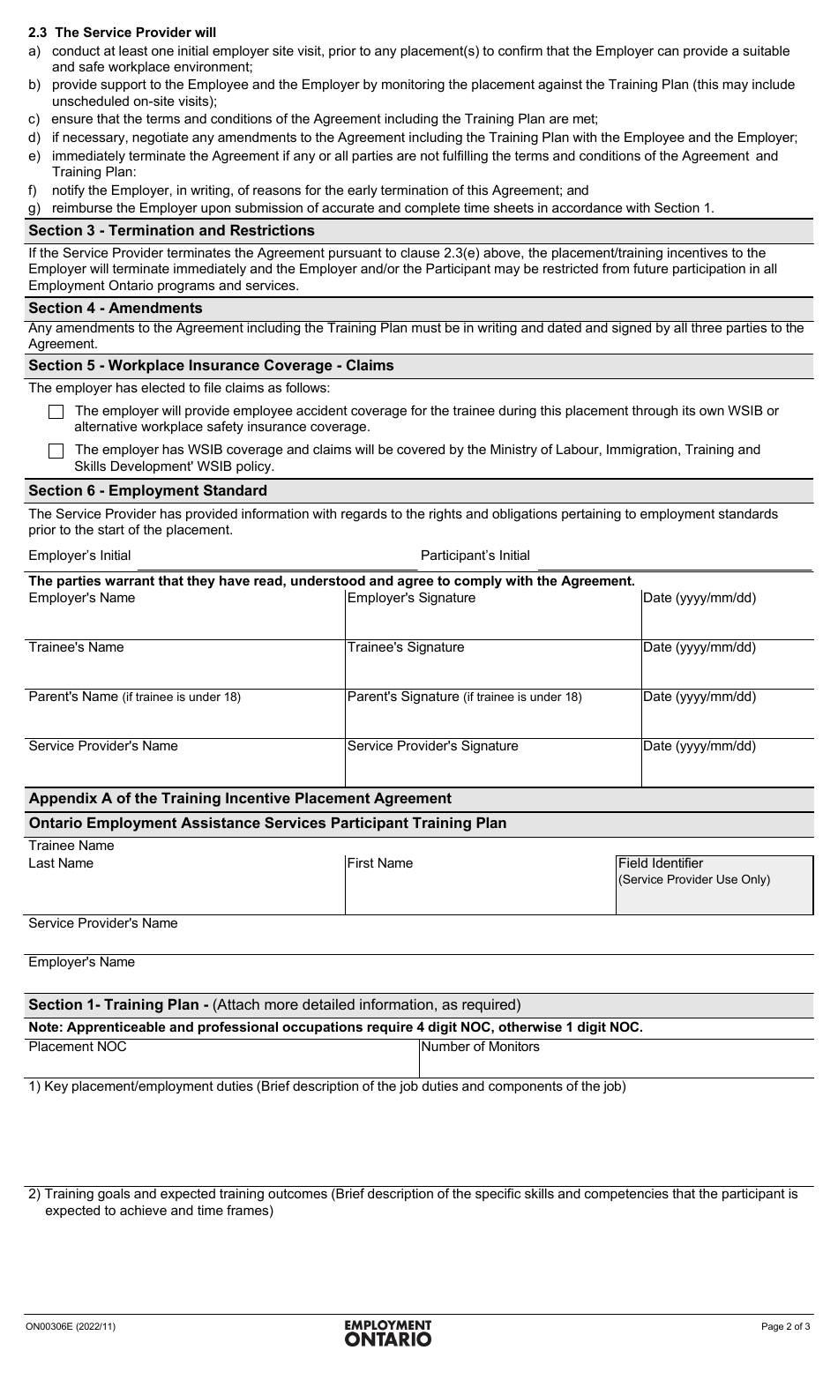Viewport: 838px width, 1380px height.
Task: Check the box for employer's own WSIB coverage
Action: point(56,412)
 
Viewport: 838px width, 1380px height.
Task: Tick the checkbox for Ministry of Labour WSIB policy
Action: point(56,451)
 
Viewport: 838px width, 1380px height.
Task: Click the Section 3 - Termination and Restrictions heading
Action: point(171,231)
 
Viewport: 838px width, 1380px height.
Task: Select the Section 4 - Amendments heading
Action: point(116,309)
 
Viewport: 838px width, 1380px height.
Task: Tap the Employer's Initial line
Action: point(273,557)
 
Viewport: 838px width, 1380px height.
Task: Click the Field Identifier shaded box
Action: point(714,885)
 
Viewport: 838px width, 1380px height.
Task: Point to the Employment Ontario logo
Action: point(388,1332)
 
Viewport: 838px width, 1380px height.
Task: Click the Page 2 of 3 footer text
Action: point(785,1326)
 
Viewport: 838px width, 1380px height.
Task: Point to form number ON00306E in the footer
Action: point(71,1326)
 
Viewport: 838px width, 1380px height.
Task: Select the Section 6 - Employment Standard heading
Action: point(147,491)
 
